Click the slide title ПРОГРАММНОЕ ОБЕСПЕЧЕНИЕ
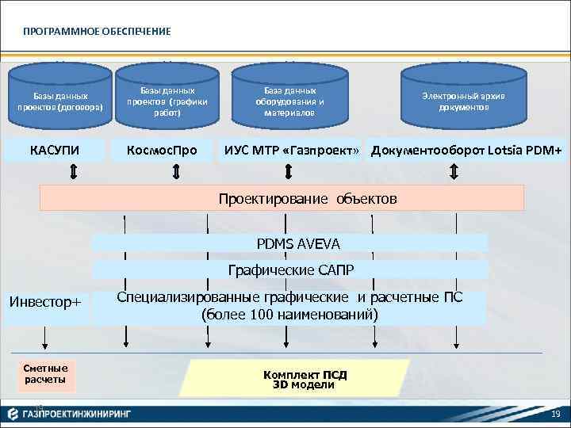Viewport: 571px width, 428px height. [x=97, y=31]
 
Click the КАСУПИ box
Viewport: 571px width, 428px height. [x=55, y=150]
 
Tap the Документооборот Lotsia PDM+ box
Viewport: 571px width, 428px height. [x=466, y=150]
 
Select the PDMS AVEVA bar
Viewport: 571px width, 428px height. [x=290, y=243]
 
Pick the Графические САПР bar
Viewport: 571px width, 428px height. [x=290, y=269]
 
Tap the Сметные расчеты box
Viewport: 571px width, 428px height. [x=45, y=374]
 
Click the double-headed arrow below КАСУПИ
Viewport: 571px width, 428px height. [x=73, y=172]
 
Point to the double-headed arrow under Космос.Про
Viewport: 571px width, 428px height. [x=175, y=172]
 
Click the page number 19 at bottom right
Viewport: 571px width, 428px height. [x=555, y=415]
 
